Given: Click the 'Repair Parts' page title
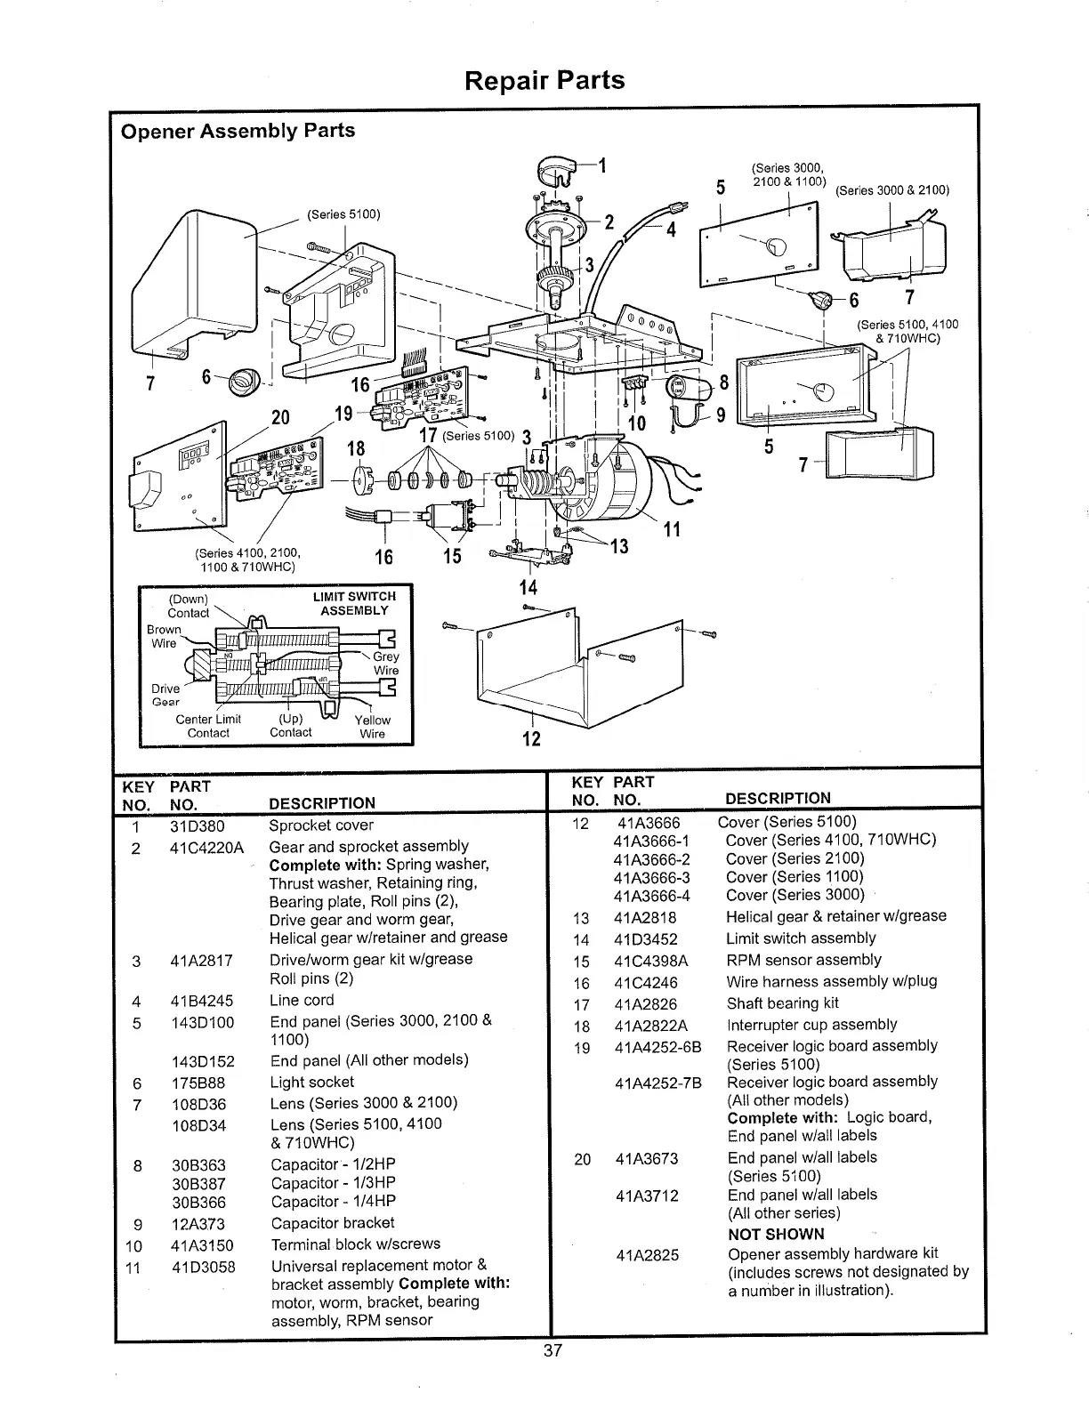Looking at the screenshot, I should [544, 81].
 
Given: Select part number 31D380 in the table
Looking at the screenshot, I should [197, 825].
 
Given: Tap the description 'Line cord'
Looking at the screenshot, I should [302, 1000].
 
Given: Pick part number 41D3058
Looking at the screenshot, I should [203, 1267].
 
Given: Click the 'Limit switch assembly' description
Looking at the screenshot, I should [801, 938].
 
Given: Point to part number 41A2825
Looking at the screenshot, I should [647, 1255].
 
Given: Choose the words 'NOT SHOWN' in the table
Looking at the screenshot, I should [776, 1234].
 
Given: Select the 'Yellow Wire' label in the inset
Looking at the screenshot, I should [372, 727].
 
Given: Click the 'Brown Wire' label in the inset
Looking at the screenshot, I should [164, 636].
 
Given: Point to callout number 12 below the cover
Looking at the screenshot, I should [531, 739].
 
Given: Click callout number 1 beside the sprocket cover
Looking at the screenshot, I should [602, 165].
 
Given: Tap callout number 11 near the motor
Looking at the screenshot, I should [672, 529].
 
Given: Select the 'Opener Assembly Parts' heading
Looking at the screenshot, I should [238, 131].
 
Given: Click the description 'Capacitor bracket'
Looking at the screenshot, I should [332, 1223].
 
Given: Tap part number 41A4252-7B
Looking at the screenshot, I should [657, 1083].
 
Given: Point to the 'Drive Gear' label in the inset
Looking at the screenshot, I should [165, 695].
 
